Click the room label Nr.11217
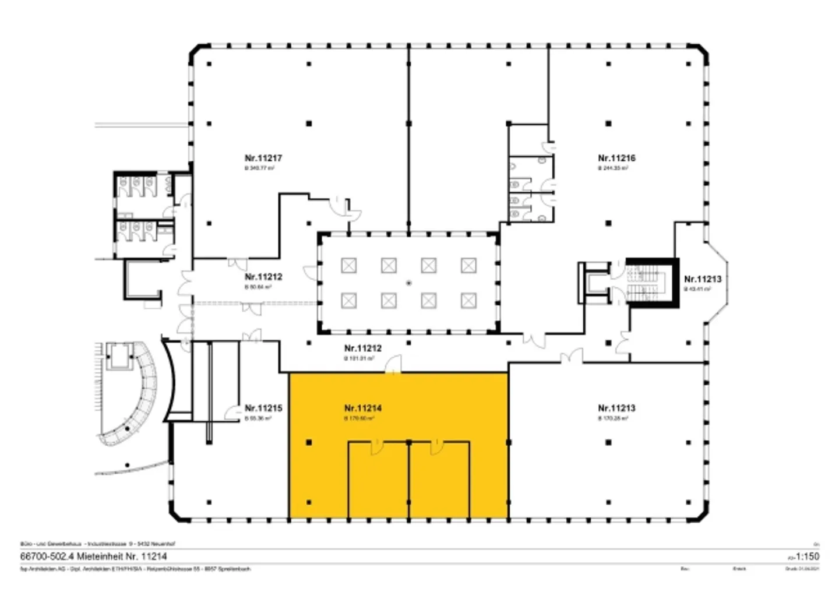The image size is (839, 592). point(263,158)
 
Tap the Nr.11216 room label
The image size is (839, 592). point(616,158)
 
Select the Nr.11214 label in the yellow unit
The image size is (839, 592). point(363,408)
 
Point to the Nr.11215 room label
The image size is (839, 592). point(263,408)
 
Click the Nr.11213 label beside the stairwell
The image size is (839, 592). point(703,279)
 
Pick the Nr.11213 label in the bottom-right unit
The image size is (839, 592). point(616,408)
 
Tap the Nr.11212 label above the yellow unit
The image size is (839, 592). point(363,348)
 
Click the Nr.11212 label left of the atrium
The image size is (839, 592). point(263,277)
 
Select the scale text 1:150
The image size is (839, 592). point(808,556)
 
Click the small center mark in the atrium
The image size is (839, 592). point(409,283)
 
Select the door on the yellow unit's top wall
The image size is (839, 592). point(394,367)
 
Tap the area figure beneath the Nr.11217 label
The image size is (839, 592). point(259,168)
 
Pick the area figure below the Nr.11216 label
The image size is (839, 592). point(612,168)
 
